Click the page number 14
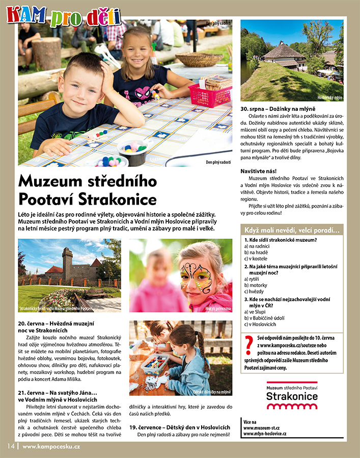tap(11, 446)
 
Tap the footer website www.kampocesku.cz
tap(51, 446)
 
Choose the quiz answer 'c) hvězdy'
tap(256, 292)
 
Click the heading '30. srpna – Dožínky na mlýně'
tap(278, 109)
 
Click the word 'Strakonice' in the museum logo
tap(292, 396)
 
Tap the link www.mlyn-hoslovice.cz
tap(265, 434)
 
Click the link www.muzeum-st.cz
tap(261, 428)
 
